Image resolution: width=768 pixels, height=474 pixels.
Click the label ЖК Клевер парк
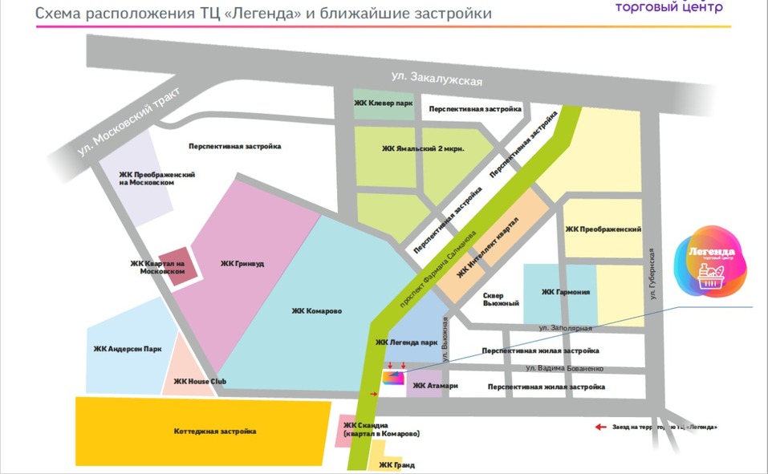[x=384, y=103]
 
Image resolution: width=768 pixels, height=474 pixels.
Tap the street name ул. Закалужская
[x=436, y=79]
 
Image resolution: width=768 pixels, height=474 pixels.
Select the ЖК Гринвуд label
[x=242, y=262]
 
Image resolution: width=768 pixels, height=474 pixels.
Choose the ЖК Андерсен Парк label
[x=128, y=348]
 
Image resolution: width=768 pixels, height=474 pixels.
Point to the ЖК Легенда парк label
[x=406, y=342]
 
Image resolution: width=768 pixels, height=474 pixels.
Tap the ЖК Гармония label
[x=566, y=292]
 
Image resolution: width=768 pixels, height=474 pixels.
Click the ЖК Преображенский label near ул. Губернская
[x=603, y=229]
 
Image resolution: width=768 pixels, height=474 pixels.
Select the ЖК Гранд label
[x=396, y=464]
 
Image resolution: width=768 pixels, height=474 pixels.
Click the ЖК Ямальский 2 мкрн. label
[x=423, y=148]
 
